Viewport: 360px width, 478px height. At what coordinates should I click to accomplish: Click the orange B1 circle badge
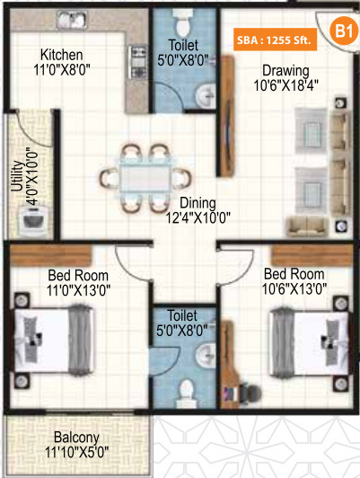click(343, 32)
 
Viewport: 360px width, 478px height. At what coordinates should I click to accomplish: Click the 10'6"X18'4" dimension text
click(285, 87)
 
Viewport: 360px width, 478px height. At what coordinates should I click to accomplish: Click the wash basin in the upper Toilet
click(206, 90)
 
